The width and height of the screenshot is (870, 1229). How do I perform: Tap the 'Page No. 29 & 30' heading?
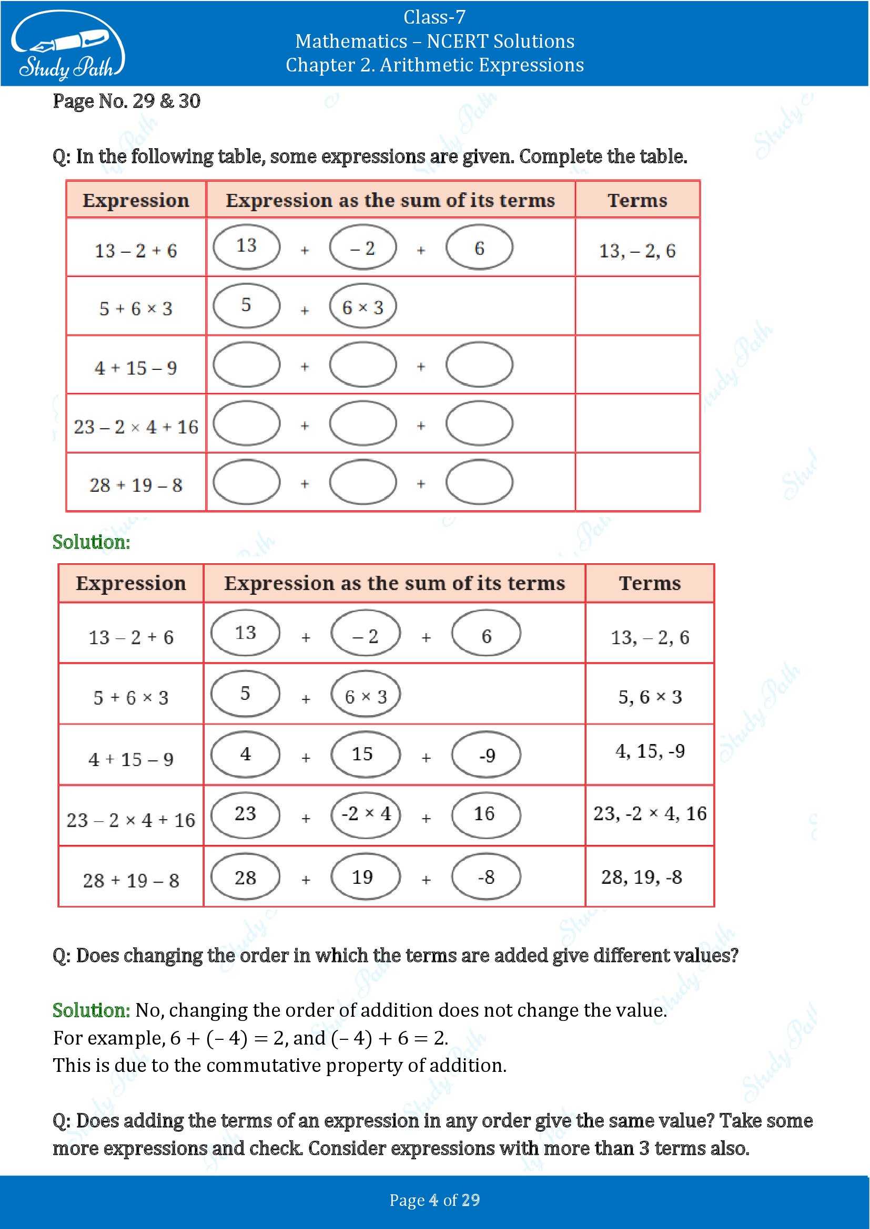pos(126,101)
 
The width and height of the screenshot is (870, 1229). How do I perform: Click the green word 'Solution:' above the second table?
pos(91,542)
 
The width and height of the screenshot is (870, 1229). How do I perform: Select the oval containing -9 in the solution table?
pos(486,755)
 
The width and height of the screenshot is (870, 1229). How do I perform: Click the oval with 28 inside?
pos(245,877)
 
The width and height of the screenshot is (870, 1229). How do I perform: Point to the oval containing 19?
pos(366,877)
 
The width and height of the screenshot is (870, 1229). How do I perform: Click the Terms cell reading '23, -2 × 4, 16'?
pos(650,813)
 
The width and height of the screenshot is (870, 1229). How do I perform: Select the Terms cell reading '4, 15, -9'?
pos(650,751)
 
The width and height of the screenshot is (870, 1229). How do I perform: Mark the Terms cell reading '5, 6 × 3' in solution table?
pos(650,696)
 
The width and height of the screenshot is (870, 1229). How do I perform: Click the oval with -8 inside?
pos(486,877)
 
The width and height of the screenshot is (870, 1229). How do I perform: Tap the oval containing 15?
pos(366,753)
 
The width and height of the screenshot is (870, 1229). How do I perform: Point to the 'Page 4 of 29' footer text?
pos(434,1200)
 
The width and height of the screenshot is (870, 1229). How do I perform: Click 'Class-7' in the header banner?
pos(434,17)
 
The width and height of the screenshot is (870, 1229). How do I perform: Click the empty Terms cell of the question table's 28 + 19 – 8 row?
pos(638,482)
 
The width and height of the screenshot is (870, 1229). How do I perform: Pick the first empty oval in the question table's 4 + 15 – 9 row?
pos(246,365)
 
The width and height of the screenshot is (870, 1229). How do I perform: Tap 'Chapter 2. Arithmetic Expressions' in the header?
pos(434,65)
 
